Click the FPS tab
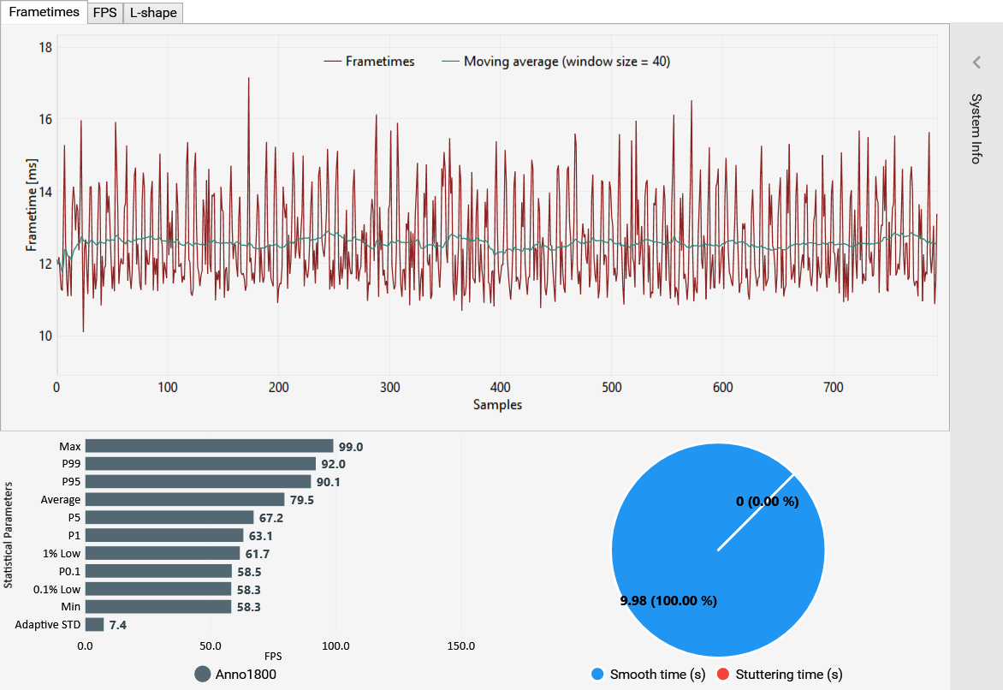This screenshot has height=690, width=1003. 104,13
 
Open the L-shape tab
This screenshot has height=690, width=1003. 153,13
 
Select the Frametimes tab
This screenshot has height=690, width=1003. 44,13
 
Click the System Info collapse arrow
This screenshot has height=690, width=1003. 976,62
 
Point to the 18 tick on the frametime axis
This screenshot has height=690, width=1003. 46,47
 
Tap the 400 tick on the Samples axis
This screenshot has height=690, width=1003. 501,388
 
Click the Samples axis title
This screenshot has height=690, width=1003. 497,405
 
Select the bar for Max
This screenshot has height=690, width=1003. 209,446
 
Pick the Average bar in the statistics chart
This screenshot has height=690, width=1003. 185,499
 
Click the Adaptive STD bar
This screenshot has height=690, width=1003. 94,625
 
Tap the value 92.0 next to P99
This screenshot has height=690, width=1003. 332,464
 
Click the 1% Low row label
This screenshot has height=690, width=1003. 62,553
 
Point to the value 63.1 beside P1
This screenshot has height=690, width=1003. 258,535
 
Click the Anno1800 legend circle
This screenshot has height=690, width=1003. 203,675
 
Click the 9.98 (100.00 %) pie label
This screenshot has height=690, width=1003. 668,601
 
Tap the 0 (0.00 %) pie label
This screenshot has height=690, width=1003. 768,502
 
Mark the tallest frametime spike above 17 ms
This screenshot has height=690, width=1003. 248,79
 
